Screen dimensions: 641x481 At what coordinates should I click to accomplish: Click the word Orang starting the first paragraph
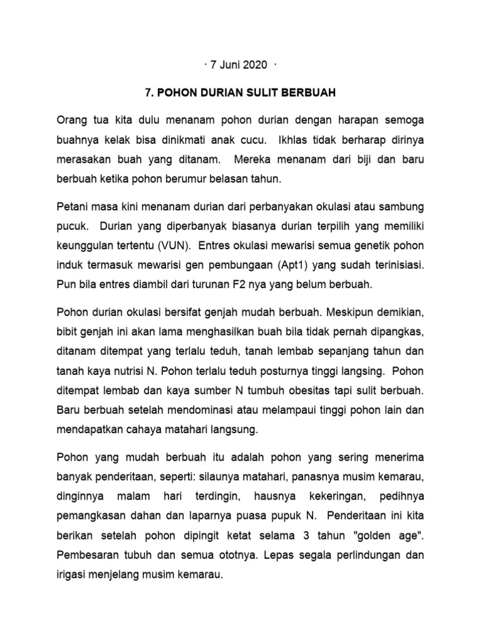coord(71,119)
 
